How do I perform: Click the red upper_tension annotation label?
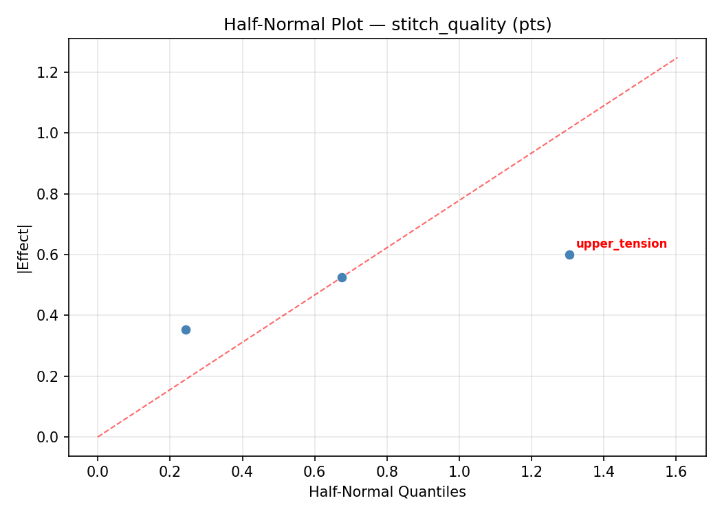(621, 244)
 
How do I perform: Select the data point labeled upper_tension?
(569, 255)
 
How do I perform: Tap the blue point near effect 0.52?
(342, 277)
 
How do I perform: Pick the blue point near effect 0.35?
(186, 330)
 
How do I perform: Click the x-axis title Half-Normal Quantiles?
(387, 492)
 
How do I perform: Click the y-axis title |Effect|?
(25, 248)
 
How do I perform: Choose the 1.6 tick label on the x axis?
(676, 471)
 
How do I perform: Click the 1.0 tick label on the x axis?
(459, 471)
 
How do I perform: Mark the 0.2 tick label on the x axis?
(170, 471)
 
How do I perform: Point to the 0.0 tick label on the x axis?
(98, 471)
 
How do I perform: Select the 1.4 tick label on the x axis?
(604, 471)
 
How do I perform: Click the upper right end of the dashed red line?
(677, 57)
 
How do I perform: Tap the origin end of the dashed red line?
(98, 437)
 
